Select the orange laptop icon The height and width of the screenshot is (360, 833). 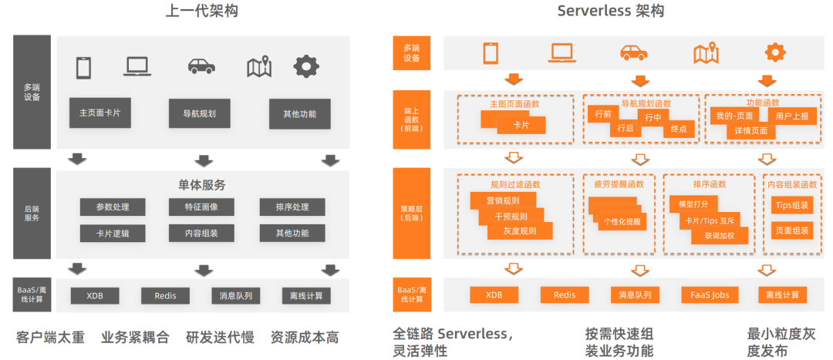coord(563,52)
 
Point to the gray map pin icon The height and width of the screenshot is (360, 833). coord(258,67)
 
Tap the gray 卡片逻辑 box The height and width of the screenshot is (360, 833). coord(112,233)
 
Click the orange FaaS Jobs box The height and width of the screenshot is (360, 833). coord(710,295)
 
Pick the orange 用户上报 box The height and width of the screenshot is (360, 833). coord(793,116)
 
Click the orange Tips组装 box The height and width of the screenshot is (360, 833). coord(791,205)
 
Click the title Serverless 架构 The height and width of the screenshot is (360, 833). coord(610,11)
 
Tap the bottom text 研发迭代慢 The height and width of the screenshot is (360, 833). coord(219,338)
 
